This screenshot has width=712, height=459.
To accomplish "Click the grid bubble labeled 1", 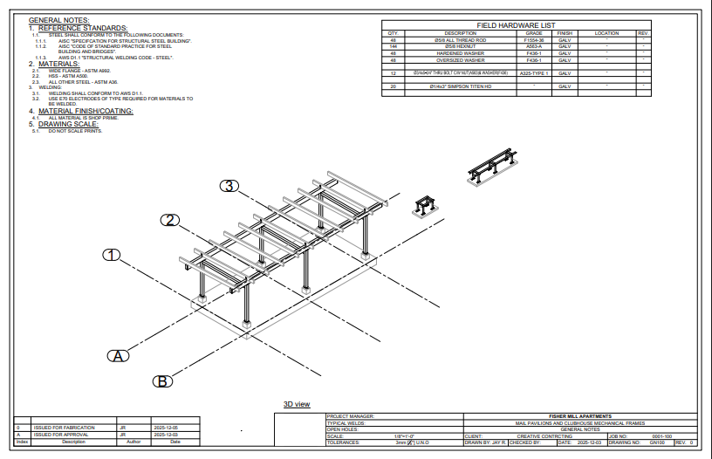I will click(111, 255).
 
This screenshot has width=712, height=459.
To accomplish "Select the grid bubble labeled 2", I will click(170, 220).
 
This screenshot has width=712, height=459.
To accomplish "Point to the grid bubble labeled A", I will click(119, 355).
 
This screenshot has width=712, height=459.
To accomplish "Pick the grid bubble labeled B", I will click(162, 380).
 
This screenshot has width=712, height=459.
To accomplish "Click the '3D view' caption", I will click(297, 404).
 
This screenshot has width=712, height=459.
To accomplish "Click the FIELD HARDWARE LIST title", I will click(517, 25).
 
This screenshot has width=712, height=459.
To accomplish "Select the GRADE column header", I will click(533, 33).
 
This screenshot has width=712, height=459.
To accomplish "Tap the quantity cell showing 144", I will click(393, 47).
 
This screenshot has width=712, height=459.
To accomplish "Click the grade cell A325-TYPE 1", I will click(533, 74).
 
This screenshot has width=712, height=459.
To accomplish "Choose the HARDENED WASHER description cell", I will click(461, 53).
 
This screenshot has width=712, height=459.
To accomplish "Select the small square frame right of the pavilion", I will click(426, 205).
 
